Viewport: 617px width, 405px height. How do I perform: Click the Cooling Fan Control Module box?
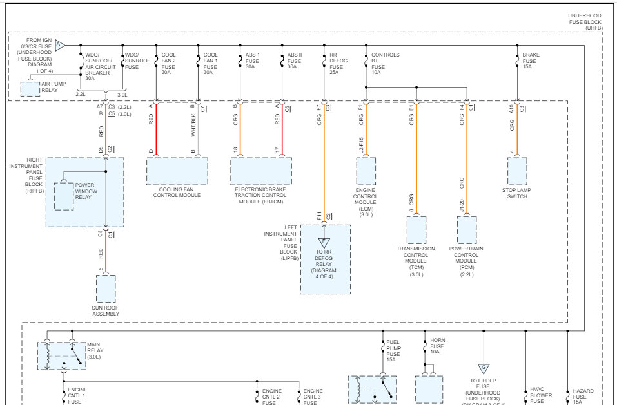[x=177, y=171]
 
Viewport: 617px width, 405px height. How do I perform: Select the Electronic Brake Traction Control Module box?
[x=261, y=171]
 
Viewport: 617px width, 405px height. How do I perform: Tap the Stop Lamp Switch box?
[x=517, y=171]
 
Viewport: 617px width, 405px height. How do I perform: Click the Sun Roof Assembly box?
[x=106, y=288]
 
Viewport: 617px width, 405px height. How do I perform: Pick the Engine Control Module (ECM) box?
[x=366, y=171]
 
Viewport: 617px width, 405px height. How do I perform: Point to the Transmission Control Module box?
[x=416, y=230]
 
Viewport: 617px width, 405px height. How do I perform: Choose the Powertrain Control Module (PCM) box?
[x=467, y=230]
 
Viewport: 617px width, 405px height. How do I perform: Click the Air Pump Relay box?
[x=30, y=89]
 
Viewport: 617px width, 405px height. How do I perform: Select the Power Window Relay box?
[x=64, y=196]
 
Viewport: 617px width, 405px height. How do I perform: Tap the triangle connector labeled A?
[x=59, y=45]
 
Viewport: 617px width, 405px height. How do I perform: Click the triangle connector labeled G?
[x=482, y=369]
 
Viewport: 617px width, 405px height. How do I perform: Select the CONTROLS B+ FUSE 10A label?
[x=385, y=63]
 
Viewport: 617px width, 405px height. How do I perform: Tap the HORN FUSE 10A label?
[x=438, y=346]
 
